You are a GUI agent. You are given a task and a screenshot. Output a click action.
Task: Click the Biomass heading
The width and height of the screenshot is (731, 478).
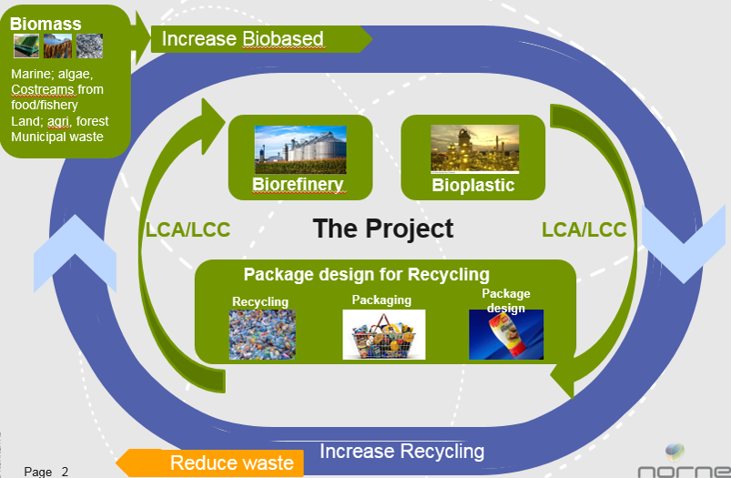click(46, 24)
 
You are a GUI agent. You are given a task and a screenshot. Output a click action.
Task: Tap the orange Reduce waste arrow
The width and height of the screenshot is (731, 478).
click(209, 463)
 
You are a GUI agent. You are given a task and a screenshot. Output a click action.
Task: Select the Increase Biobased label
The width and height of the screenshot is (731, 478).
click(242, 39)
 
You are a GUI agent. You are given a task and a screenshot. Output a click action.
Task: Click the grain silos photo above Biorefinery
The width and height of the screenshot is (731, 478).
click(300, 149)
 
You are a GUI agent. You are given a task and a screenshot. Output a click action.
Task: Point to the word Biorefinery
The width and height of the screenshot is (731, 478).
click(298, 184)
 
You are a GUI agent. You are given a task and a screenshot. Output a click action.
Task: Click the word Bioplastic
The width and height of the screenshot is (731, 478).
click(473, 185)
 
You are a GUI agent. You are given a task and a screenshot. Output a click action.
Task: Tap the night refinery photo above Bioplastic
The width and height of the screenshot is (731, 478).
click(474, 148)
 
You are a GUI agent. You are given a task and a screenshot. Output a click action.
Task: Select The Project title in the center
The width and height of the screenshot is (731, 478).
click(382, 229)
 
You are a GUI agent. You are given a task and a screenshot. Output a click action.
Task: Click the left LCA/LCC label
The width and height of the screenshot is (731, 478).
click(188, 229)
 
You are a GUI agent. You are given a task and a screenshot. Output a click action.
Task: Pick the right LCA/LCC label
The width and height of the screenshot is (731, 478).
click(584, 229)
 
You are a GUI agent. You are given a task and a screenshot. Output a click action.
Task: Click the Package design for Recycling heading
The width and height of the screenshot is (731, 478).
click(367, 274)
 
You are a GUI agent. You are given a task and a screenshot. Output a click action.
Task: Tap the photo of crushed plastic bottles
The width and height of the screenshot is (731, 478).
click(262, 334)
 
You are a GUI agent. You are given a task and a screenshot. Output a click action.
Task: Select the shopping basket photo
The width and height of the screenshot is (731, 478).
click(383, 334)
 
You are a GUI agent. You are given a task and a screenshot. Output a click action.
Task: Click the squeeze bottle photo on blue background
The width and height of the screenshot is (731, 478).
click(506, 334)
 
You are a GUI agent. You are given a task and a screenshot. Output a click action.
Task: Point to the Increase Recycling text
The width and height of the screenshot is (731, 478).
click(401, 452)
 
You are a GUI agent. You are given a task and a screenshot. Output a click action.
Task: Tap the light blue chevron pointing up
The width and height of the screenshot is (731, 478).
click(75, 253)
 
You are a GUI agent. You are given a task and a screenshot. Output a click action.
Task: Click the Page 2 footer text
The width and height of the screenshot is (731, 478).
click(46, 472)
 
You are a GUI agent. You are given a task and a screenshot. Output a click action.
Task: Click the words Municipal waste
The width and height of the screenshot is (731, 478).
click(56, 137)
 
